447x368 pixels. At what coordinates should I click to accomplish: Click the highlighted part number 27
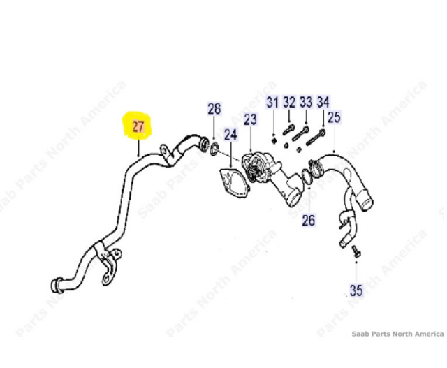point(138,126)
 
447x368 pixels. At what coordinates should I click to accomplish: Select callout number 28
point(214,109)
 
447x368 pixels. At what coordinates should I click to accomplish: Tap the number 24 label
point(230,135)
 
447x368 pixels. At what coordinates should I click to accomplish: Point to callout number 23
point(250,119)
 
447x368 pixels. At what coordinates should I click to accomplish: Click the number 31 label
point(272,103)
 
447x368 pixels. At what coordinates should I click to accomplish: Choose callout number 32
point(289,102)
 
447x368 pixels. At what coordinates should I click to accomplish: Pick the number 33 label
point(306,102)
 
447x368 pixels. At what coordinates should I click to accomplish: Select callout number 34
point(323,102)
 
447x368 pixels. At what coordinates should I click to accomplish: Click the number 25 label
point(334,117)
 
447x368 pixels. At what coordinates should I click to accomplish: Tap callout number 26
point(309,221)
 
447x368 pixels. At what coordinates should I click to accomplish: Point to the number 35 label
point(356,290)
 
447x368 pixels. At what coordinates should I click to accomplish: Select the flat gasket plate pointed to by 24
point(235,182)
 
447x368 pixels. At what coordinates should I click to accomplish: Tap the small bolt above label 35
point(356,251)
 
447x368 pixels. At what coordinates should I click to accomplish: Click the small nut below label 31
point(274,140)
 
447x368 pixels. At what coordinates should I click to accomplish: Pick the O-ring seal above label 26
point(307,177)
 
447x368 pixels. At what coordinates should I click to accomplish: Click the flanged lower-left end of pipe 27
point(56,285)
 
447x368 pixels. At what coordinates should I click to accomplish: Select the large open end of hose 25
point(365,200)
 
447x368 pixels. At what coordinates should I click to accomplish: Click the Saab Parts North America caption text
point(397,334)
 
